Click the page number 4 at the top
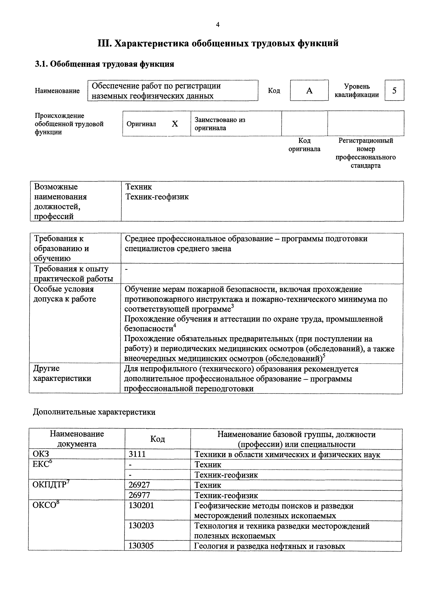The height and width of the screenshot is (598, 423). [x=218, y=25]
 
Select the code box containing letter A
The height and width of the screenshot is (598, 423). [x=309, y=90]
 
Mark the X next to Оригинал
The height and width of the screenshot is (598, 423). [x=175, y=124]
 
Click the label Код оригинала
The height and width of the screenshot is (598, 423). [x=304, y=145]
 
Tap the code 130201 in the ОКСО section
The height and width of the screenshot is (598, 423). [x=141, y=506]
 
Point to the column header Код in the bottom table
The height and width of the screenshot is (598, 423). [x=157, y=439]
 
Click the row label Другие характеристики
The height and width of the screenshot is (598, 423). [x=62, y=373]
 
